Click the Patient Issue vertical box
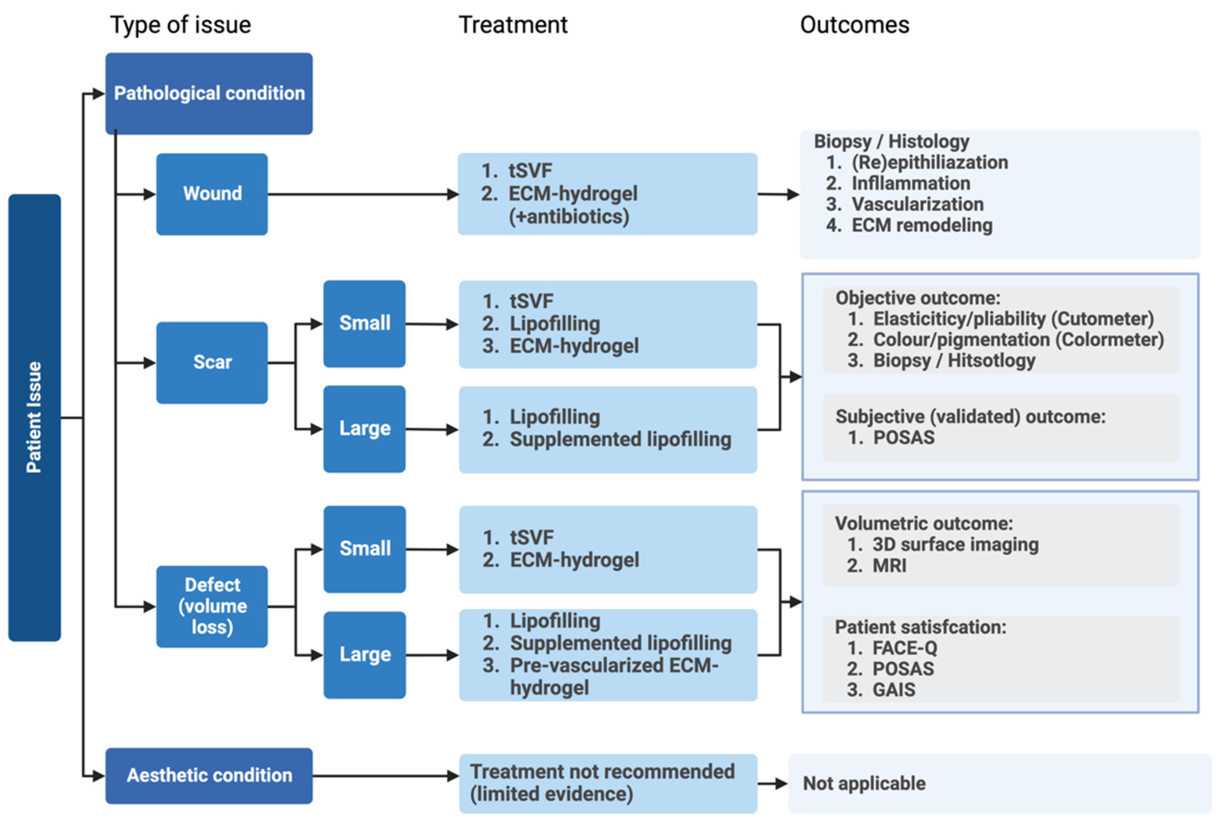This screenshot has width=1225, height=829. pyautogui.click(x=34, y=417)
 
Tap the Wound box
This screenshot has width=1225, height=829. pyautogui.click(x=212, y=194)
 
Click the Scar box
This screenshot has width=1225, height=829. pyautogui.click(x=212, y=363)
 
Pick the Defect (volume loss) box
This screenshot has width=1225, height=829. pyautogui.click(x=212, y=606)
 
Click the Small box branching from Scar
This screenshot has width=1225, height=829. pyautogui.click(x=364, y=324)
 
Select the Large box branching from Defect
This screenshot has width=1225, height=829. pyautogui.click(x=364, y=655)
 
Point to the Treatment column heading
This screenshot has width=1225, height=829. pyautogui.click(x=513, y=25)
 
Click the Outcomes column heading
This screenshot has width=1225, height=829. pyautogui.click(x=854, y=25)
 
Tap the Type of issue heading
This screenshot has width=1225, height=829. pyautogui.click(x=180, y=25)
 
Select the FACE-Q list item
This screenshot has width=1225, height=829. pyautogui.click(x=904, y=648)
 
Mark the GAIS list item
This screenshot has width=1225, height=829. pyautogui.click(x=894, y=689)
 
